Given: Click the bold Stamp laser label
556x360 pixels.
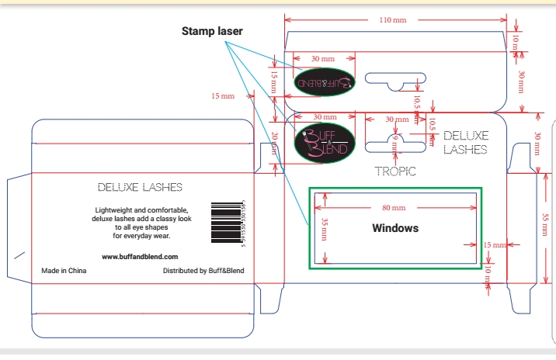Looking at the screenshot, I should (212, 31).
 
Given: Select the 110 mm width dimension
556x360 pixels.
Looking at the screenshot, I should (392, 19).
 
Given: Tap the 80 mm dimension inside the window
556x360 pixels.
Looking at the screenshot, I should (394, 208).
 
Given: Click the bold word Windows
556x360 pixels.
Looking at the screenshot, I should (395, 228).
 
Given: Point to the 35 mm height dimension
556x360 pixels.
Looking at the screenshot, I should (325, 229).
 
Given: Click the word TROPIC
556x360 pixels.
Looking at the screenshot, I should (395, 171).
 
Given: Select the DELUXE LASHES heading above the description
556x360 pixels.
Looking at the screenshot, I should (141, 187).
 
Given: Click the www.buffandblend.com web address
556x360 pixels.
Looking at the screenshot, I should (141, 256).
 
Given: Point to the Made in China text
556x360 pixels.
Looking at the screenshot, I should (64, 271).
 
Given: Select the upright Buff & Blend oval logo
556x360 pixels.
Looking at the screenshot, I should (325, 144).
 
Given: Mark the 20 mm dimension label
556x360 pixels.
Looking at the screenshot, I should (275, 144).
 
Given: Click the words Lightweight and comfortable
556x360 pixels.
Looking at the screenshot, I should (141, 211).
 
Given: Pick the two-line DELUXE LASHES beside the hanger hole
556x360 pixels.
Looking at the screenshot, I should (465, 142).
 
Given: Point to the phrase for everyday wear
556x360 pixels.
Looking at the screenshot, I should (141, 236).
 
